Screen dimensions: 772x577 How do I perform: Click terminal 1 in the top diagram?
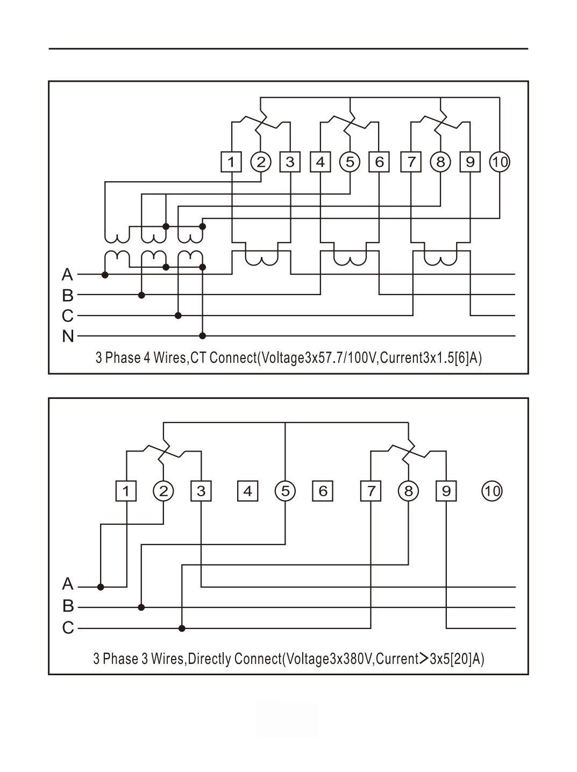pyautogui.click(x=231, y=162)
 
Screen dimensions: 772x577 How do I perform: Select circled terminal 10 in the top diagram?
pyautogui.click(x=500, y=162)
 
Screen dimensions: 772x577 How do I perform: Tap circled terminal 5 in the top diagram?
pyautogui.click(x=350, y=162)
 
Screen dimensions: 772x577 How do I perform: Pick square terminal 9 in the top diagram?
pyautogui.click(x=470, y=162)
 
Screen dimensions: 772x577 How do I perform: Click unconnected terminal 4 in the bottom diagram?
pyautogui.click(x=247, y=491)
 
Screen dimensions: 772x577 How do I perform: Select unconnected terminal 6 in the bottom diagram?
pyautogui.click(x=323, y=491)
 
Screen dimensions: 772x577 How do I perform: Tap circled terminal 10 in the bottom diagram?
pyautogui.click(x=491, y=491)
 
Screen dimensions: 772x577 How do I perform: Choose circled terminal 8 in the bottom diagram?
pyautogui.click(x=408, y=491)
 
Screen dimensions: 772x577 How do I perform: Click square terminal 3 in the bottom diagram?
pyautogui.click(x=201, y=491)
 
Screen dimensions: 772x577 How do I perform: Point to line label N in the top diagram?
pyautogui.click(x=68, y=336)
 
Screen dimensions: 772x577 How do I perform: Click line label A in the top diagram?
pyautogui.click(x=67, y=275)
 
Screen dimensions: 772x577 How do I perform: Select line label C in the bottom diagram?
pyautogui.click(x=68, y=627)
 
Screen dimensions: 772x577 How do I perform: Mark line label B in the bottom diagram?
pyautogui.click(x=68, y=606)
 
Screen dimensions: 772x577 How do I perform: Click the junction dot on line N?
pyautogui.click(x=203, y=336)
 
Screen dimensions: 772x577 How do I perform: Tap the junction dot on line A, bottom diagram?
pyautogui.click(x=101, y=587)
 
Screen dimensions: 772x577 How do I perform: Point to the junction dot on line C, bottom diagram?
pyautogui.click(x=182, y=628)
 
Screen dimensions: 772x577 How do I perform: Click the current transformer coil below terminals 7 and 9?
pyautogui.click(x=440, y=260)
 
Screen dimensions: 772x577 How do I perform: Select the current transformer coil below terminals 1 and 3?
pyautogui.click(x=261, y=260)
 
